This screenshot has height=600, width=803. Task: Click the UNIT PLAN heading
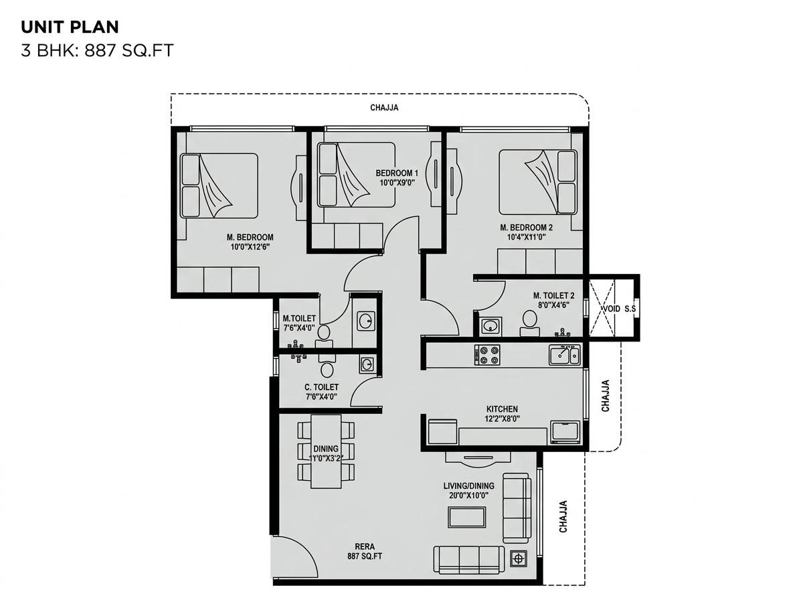click(70, 27)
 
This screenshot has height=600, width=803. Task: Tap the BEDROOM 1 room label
click(397, 173)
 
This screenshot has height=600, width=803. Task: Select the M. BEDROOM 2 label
click(526, 227)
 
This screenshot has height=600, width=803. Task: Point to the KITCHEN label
click(502, 409)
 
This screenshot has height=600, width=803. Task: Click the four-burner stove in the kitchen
click(487, 355)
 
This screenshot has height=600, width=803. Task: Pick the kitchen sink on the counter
click(564, 355)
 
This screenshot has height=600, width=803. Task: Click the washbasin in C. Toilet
click(367, 364)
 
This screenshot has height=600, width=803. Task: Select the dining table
click(326, 451)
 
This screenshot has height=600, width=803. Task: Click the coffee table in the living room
click(467, 517)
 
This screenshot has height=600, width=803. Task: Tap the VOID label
click(612, 309)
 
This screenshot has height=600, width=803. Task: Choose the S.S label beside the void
click(630, 309)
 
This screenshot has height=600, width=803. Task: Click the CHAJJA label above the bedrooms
click(384, 108)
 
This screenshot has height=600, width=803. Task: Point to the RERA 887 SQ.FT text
click(365, 551)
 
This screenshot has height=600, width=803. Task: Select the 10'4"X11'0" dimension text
click(526, 237)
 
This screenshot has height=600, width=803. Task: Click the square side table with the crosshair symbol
click(518, 559)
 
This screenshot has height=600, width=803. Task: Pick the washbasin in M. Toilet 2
click(490, 326)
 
